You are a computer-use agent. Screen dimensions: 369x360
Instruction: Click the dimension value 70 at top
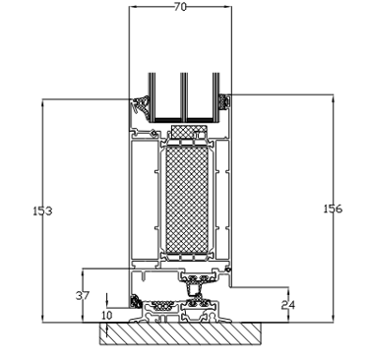pyautogui.click(x=180, y=7)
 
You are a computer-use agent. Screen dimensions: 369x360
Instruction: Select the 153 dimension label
pyautogui.click(x=42, y=210)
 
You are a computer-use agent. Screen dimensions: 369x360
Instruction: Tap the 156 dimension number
pyautogui.click(x=333, y=209)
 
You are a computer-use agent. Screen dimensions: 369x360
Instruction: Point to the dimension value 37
pyautogui.click(x=83, y=295)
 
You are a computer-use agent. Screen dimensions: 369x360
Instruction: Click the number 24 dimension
pyautogui.click(x=288, y=305)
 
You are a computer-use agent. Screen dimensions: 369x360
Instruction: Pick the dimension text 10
pyautogui.click(x=107, y=316)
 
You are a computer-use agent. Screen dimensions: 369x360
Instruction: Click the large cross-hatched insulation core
pyautogui.click(x=187, y=201)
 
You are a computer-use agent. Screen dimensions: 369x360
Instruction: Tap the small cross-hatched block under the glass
pyautogui.click(x=189, y=131)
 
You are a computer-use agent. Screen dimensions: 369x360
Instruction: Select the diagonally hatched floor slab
pyautogui.click(x=180, y=333)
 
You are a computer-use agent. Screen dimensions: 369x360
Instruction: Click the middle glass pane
pyautogui.click(x=184, y=95)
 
